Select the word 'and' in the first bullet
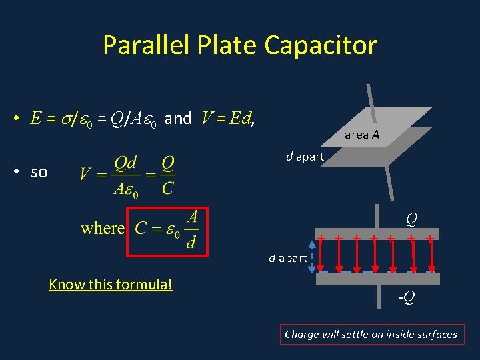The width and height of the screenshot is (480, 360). tap(178, 119)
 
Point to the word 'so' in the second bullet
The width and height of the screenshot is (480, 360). tap(39, 172)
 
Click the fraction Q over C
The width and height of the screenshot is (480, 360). tap(167, 177)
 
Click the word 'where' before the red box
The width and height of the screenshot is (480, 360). tap(103, 229)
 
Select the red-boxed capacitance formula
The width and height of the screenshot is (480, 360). tap(168, 231)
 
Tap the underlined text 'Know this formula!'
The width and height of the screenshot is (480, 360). tap(111, 285)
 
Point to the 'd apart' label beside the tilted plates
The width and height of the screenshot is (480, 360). tap(305, 157)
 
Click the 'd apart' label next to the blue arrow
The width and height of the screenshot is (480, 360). tap(287, 257)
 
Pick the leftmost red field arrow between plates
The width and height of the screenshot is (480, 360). tap(322, 255)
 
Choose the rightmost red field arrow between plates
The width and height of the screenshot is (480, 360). tap(430, 255)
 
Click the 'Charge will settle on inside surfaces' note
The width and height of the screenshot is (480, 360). tap(371, 335)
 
